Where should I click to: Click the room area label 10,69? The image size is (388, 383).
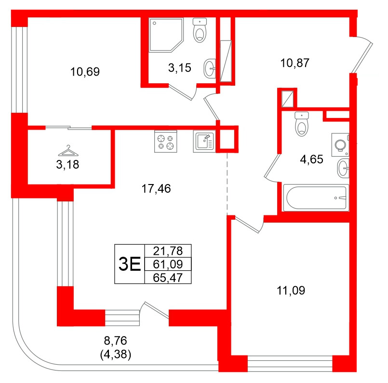[84, 72]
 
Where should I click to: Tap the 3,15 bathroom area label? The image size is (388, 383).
[179, 68]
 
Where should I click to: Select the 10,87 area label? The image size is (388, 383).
[294, 62]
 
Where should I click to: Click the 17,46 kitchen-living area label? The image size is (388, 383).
[156, 188]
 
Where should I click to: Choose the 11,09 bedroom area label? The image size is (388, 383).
[291, 290]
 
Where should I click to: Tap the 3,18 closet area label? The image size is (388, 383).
[67, 165]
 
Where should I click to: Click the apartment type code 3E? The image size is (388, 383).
[129, 264]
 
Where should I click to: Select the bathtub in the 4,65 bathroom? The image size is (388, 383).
[315, 198]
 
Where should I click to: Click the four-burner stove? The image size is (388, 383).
[165, 142]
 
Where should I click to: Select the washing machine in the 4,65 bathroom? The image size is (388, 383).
[340, 144]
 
